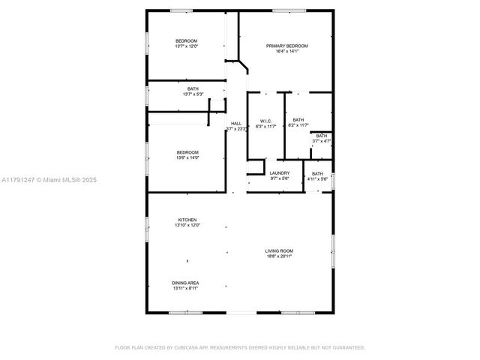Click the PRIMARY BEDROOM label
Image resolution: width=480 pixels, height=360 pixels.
[286, 46]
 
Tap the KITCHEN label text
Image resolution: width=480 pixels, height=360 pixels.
[187, 220]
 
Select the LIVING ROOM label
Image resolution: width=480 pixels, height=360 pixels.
[278, 250]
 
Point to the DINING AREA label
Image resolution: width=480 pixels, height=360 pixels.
[186, 283]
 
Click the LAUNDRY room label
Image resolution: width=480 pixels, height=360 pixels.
[279, 173]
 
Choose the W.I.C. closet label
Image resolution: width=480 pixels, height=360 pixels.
[265, 121]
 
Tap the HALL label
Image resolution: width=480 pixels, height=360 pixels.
[236, 124]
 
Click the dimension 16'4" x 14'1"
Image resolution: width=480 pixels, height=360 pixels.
[286, 52]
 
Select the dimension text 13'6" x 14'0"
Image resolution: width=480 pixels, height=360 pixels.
[187, 157]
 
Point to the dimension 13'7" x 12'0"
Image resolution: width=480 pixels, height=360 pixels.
[187, 46]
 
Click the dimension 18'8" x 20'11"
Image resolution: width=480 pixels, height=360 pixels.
[278, 256]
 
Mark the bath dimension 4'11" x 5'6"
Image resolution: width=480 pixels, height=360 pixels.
[318, 179]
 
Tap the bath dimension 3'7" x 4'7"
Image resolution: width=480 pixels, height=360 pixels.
[321, 141]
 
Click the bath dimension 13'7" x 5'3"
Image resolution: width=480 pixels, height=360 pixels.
[193, 94]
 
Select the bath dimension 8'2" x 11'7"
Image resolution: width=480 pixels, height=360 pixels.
[298, 126]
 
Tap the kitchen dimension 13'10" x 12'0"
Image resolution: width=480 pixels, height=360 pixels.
[187, 226]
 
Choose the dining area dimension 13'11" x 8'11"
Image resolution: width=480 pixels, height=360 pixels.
[186, 289]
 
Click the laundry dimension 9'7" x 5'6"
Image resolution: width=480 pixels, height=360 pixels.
[279, 179]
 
